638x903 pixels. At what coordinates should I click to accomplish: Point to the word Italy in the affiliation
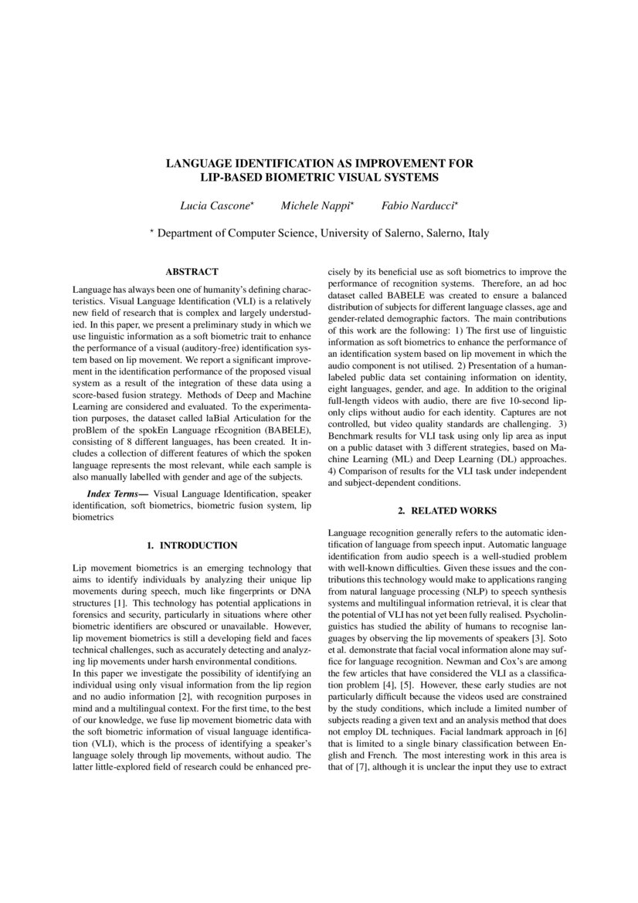475,233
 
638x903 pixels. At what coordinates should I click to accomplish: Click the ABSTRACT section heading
192,272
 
